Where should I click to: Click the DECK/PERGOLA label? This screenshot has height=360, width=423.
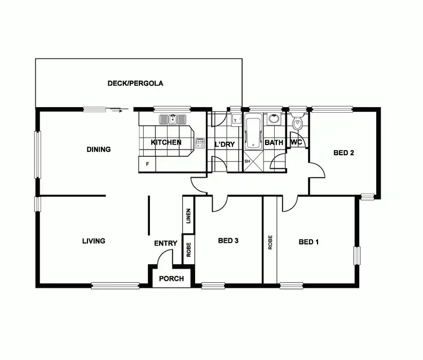(x=135, y=84)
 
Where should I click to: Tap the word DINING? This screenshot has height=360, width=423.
(x=99, y=150)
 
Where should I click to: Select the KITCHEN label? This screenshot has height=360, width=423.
(x=166, y=142)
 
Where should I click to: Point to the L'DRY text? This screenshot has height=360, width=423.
(x=224, y=144)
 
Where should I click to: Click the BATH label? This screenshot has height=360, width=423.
(x=274, y=143)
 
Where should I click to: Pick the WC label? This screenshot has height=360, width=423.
(x=296, y=142)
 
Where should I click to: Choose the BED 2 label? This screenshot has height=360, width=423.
(x=343, y=152)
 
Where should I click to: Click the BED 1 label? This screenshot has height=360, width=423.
(x=309, y=242)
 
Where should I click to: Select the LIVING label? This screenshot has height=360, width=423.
(x=94, y=241)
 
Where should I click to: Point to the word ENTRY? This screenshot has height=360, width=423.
(x=166, y=244)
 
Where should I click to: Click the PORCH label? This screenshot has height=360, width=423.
(x=171, y=279)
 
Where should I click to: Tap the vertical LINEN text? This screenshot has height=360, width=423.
(x=188, y=216)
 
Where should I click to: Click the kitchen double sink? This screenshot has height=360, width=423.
(x=173, y=119)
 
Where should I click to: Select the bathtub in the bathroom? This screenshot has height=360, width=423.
(x=253, y=131)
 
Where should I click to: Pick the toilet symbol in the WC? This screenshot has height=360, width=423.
(x=298, y=122)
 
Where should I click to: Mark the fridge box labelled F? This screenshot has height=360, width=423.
(x=147, y=164)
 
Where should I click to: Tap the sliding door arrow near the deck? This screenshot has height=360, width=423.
(x=120, y=111)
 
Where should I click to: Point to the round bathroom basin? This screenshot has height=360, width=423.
(x=274, y=119)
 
